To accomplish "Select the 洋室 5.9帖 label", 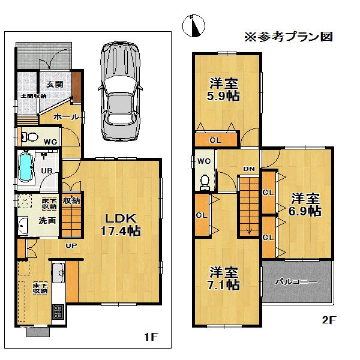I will pos(223,89).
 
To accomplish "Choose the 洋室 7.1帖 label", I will pos(223,278).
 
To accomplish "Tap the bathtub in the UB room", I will pos(26,167).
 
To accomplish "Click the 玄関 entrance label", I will pos(47,83).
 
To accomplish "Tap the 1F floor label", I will pos(150,337).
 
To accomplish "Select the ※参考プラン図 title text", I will pos(288,36).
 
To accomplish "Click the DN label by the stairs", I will pos(249,169).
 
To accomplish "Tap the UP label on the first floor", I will pos(71,245).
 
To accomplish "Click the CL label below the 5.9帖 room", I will pos(214,140).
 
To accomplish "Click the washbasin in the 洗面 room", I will pos(23,226).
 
